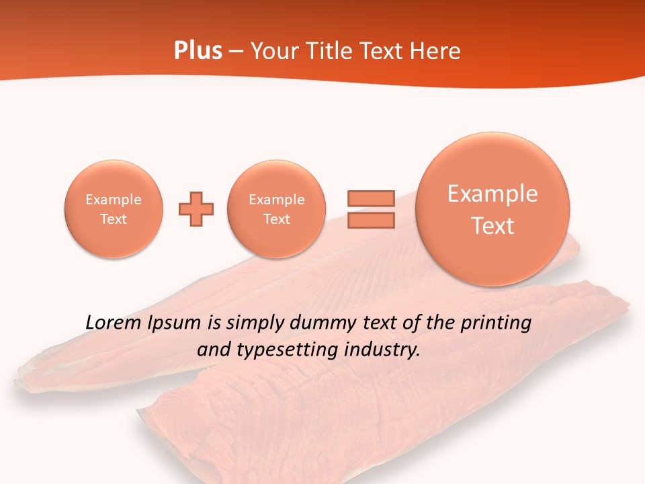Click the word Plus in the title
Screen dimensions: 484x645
point(198,51)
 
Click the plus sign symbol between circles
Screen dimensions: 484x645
point(196,209)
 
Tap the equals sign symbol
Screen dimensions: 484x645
point(371,209)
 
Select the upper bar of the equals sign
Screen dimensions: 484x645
point(371,198)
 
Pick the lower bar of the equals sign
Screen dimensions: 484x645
point(371,220)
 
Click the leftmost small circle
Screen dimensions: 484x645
point(114,209)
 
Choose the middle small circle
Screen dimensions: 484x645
point(277,209)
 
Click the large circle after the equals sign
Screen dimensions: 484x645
point(492,209)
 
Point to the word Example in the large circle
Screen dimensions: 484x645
point(492,194)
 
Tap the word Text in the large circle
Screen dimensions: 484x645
point(492,226)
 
